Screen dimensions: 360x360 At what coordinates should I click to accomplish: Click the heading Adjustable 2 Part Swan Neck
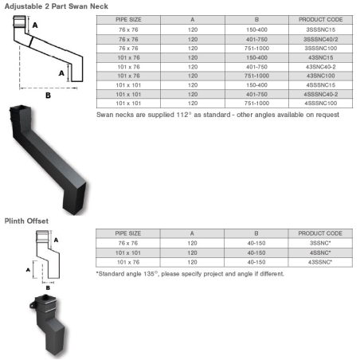[57, 6]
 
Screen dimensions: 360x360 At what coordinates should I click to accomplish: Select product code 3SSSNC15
[321, 29]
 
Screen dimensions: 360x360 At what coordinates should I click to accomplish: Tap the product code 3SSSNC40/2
[321, 39]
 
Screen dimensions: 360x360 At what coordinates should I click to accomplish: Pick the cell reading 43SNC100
[321, 76]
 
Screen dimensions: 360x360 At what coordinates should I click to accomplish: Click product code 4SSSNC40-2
[321, 94]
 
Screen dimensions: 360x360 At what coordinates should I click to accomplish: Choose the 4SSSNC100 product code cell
[321, 104]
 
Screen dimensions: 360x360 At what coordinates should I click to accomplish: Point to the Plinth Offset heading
[26, 221]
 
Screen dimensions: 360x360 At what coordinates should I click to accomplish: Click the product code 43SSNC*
[320, 262]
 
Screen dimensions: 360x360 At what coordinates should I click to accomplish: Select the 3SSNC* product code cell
[320, 243]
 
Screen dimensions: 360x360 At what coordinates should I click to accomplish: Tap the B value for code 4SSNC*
[256, 252]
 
